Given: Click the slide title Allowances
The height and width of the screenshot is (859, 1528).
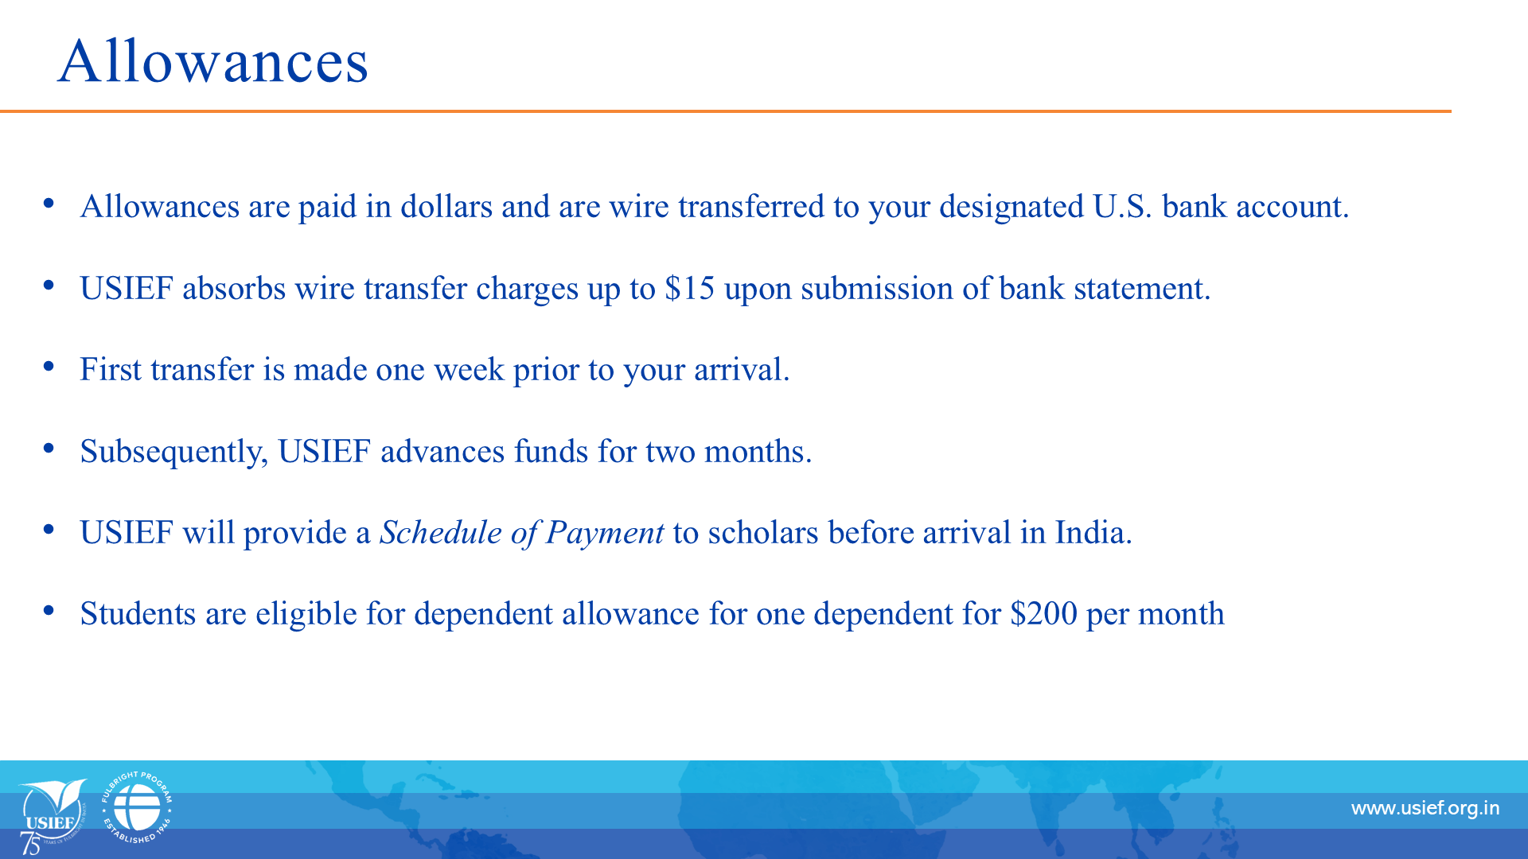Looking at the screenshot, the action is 213,60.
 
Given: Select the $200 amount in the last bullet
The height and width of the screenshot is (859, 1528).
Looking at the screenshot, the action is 1043,613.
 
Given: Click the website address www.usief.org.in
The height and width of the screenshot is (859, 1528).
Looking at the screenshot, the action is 1425,808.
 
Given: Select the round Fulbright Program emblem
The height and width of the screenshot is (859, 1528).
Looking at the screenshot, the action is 137,807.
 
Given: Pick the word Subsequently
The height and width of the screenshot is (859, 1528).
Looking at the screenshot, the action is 173,452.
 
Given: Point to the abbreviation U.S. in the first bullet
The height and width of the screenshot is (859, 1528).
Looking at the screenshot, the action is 1122,206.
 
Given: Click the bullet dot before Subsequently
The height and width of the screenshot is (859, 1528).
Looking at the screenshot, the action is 49,448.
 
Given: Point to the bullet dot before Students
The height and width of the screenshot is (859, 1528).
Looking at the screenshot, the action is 49,611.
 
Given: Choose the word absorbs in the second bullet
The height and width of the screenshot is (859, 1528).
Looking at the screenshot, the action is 234,288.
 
